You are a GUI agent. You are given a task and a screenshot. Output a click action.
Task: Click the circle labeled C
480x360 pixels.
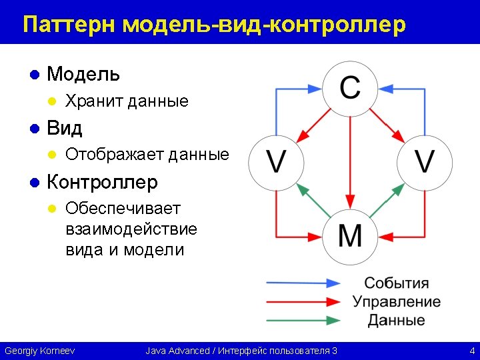(351, 87)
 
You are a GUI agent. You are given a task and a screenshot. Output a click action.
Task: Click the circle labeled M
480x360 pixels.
(351, 236)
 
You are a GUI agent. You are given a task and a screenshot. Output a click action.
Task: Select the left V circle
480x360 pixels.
(276, 161)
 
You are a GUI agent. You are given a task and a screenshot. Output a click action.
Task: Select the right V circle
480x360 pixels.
(425, 161)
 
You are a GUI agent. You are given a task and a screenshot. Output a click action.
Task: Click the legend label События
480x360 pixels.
(396, 283)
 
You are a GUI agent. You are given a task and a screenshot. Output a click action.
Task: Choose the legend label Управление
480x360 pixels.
(396, 301)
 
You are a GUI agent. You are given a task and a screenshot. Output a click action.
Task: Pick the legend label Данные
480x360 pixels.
(396, 320)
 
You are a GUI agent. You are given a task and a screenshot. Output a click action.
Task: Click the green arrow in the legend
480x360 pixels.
(304, 320)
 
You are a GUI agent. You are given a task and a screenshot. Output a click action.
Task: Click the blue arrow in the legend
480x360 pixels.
(304, 283)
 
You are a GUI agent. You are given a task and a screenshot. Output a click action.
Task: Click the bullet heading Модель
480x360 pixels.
(83, 74)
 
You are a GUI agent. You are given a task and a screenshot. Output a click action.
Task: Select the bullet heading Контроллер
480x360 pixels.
(102, 181)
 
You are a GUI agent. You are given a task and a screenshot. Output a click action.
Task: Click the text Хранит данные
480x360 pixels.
(127, 101)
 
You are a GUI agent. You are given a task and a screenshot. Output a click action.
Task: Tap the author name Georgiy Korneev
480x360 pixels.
(39, 351)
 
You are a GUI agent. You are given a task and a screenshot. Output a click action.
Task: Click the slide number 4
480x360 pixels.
(471, 351)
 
